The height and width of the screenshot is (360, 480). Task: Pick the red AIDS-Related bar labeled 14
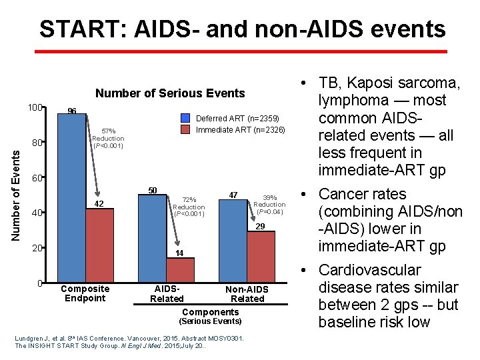click(180, 269)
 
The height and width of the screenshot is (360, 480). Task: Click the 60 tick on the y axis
click(37, 179)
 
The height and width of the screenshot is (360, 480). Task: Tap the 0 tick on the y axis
click(40, 284)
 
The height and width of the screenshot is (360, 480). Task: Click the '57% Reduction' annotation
click(108, 138)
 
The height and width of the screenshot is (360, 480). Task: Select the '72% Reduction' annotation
click(189, 207)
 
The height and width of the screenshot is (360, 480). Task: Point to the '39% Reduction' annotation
click(269, 205)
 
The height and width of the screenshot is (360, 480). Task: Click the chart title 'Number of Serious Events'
click(170, 93)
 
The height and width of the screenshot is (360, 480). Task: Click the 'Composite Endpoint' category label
click(85, 293)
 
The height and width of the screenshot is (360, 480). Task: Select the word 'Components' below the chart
click(210, 312)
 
